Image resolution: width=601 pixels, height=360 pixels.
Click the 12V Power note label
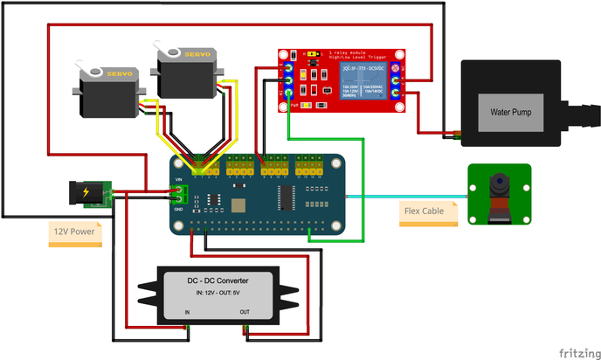coord(73,232)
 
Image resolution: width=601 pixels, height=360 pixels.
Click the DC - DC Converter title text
coord(218,280)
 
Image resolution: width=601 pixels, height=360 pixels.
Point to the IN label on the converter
coord(187,312)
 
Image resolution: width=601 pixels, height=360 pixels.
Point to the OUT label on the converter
coord(245,312)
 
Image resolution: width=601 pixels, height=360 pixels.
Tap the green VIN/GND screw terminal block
coord(180,193)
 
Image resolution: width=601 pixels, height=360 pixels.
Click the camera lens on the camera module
coord(499,184)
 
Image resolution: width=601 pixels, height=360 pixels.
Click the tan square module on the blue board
coord(237,203)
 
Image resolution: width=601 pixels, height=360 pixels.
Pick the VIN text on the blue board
coord(180,179)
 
